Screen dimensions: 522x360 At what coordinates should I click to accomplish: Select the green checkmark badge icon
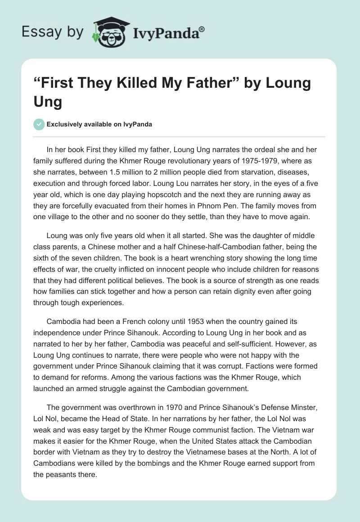39,124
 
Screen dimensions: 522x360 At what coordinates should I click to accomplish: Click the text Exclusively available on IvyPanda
99,124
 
